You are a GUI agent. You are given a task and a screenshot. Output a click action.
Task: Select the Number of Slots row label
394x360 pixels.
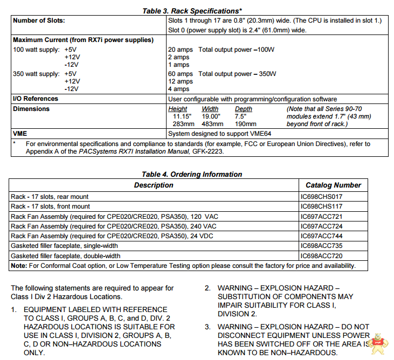click(x=38, y=20)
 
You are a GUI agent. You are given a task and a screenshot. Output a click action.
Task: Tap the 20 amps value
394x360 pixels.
click(x=180, y=50)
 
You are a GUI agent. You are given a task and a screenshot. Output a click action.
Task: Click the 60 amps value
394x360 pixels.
click(x=180, y=74)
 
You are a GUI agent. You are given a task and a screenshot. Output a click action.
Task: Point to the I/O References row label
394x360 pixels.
click(x=35, y=99)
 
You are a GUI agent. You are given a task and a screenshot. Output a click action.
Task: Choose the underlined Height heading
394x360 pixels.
click(x=178, y=109)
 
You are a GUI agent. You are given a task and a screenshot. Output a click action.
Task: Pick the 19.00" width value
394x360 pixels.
click(x=211, y=116)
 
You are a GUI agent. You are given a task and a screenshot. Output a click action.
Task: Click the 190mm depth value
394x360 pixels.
click(x=243, y=124)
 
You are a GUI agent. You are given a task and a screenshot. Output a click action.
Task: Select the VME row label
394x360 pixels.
click(x=20, y=133)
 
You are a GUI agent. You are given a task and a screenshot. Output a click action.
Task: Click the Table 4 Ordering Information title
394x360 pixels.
click(x=191, y=174)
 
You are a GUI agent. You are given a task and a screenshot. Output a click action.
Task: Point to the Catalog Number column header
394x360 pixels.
click(x=333, y=185)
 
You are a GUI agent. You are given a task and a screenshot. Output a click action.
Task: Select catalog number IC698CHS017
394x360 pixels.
click(x=321, y=197)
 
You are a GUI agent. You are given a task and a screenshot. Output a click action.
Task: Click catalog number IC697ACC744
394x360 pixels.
click(x=321, y=236)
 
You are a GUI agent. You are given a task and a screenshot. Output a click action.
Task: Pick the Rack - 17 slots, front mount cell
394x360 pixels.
click(x=51, y=206)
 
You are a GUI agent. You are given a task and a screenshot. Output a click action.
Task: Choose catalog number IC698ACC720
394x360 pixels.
click(x=321, y=255)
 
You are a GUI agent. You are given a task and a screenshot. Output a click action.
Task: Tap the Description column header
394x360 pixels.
click(x=154, y=185)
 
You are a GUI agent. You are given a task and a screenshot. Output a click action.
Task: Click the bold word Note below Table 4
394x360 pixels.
click(x=19, y=266)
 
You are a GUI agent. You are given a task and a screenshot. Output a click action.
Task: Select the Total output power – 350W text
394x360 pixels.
click(x=237, y=74)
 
